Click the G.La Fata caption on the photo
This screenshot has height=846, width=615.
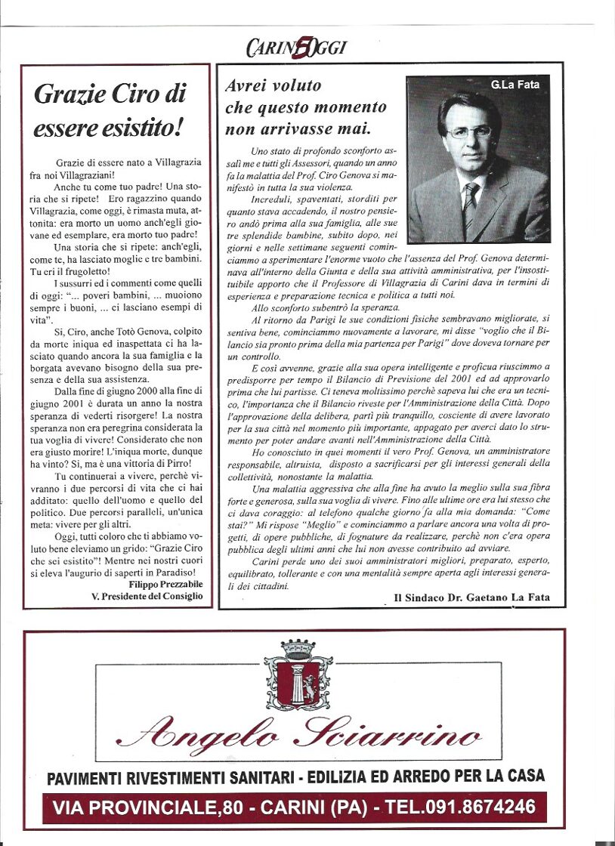[515, 85]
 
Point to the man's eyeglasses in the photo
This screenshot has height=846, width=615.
[468, 131]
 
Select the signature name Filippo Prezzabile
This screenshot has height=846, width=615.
[165, 585]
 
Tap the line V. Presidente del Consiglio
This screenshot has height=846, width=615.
[147, 596]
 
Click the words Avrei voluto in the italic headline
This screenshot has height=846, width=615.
[273, 85]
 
